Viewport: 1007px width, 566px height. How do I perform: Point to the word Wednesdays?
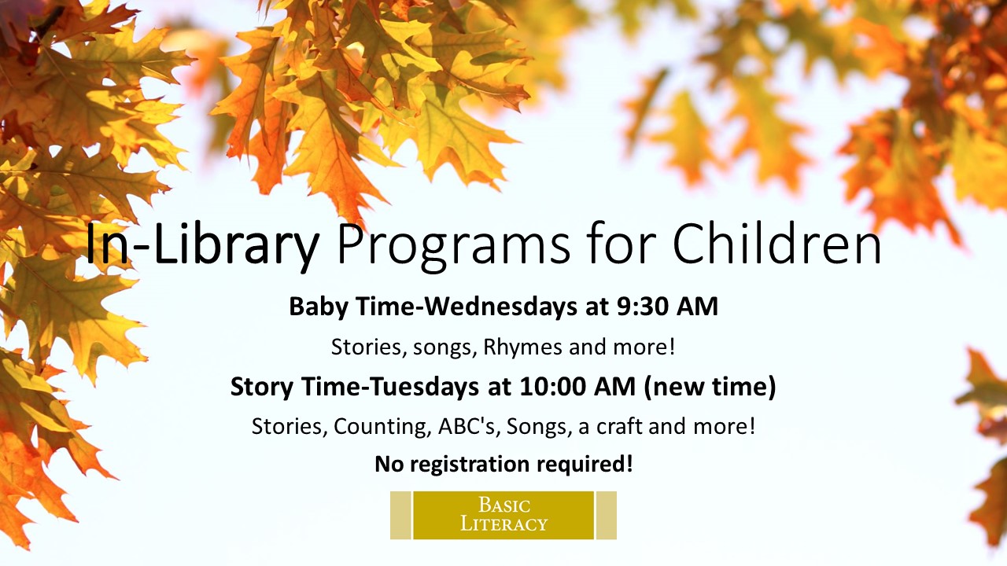coord(501,307)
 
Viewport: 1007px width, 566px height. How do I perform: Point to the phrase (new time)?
coord(710,388)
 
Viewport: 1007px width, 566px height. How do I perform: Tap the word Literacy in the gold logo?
coord(504,524)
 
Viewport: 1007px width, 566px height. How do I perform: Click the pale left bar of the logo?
coord(400,515)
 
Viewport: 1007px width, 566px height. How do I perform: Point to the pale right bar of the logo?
coord(607,515)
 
